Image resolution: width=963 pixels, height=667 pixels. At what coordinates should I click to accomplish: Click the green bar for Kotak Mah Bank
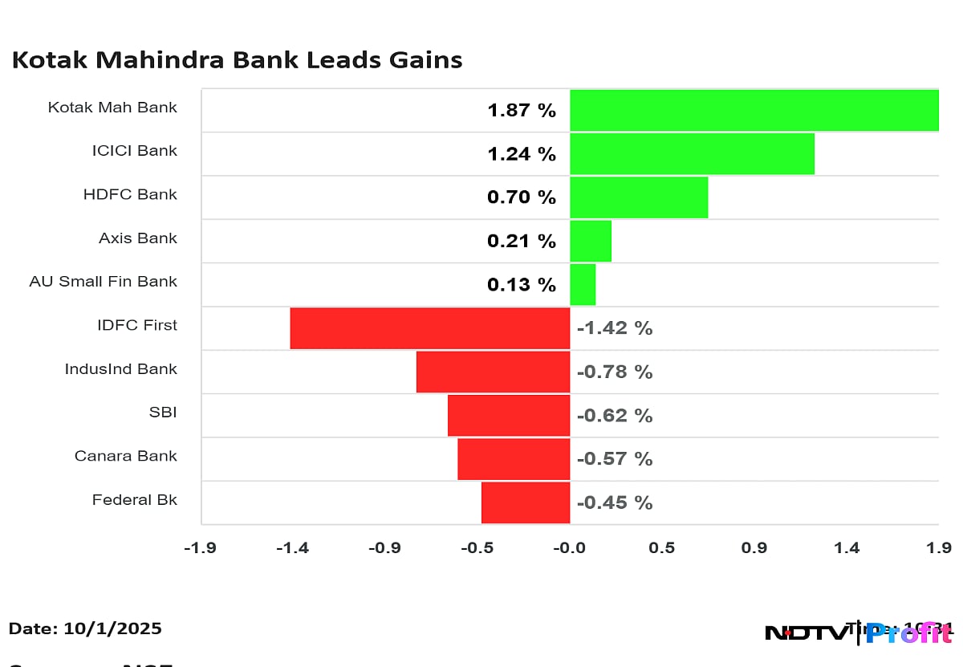tap(754, 110)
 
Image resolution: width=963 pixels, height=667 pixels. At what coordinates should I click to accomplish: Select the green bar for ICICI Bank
tap(692, 153)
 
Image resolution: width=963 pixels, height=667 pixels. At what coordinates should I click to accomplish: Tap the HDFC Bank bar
tap(639, 197)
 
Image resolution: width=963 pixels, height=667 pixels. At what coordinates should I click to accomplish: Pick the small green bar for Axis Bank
tap(591, 241)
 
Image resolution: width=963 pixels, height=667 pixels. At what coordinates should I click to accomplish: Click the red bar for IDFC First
tap(429, 327)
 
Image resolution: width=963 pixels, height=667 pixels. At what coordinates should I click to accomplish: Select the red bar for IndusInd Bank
tap(493, 372)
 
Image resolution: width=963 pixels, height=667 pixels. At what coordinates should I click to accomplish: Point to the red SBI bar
tap(509, 415)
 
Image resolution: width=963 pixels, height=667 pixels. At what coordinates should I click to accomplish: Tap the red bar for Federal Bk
tap(526, 502)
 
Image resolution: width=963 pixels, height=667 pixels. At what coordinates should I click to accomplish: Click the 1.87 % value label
tap(522, 111)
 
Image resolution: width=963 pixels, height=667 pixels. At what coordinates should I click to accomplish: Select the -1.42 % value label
tap(615, 328)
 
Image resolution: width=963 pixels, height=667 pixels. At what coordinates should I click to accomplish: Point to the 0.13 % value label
tap(522, 285)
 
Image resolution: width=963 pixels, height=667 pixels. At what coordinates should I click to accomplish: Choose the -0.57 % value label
tap(615, 459)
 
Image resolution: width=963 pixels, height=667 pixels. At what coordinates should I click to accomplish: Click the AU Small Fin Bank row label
tap(103, 282)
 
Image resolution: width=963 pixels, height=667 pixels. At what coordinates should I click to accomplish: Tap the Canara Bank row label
tap(125, 456)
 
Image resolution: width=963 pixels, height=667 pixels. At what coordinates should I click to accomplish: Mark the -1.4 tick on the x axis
tap(292, 548)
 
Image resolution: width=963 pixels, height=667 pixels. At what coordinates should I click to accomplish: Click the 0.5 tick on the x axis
tap(662, 548)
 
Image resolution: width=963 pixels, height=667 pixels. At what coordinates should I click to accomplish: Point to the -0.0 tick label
tap(569, 548)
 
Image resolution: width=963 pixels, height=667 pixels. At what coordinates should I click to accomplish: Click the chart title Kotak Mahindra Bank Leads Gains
tap(237, 60)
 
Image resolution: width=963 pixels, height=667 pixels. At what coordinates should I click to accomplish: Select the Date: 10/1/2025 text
tap(85, 628)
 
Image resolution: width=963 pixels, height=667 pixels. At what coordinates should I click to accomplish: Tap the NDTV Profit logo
tap(859, 632)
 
